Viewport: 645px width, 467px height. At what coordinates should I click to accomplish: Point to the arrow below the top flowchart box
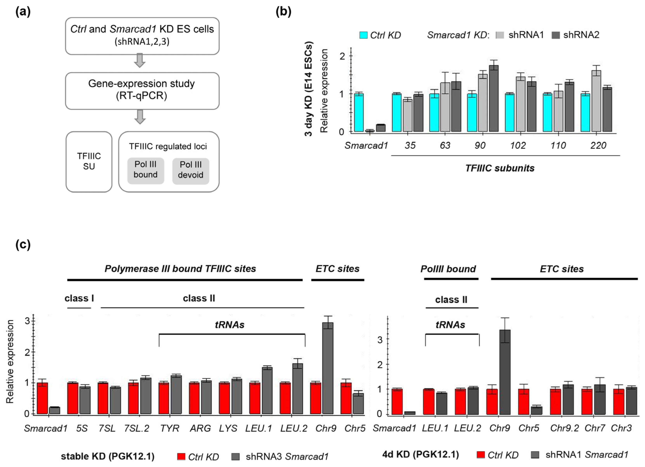[140, 60]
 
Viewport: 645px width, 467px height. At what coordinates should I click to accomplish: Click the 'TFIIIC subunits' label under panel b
[500, 168]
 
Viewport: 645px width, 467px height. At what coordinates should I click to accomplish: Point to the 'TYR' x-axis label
[170, 428]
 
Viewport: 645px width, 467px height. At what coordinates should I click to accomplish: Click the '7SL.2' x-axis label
[137, 428]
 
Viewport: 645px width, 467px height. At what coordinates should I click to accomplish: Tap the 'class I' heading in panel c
[79, 298]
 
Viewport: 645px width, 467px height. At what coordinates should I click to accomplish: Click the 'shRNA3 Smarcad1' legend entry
[287, 457]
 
